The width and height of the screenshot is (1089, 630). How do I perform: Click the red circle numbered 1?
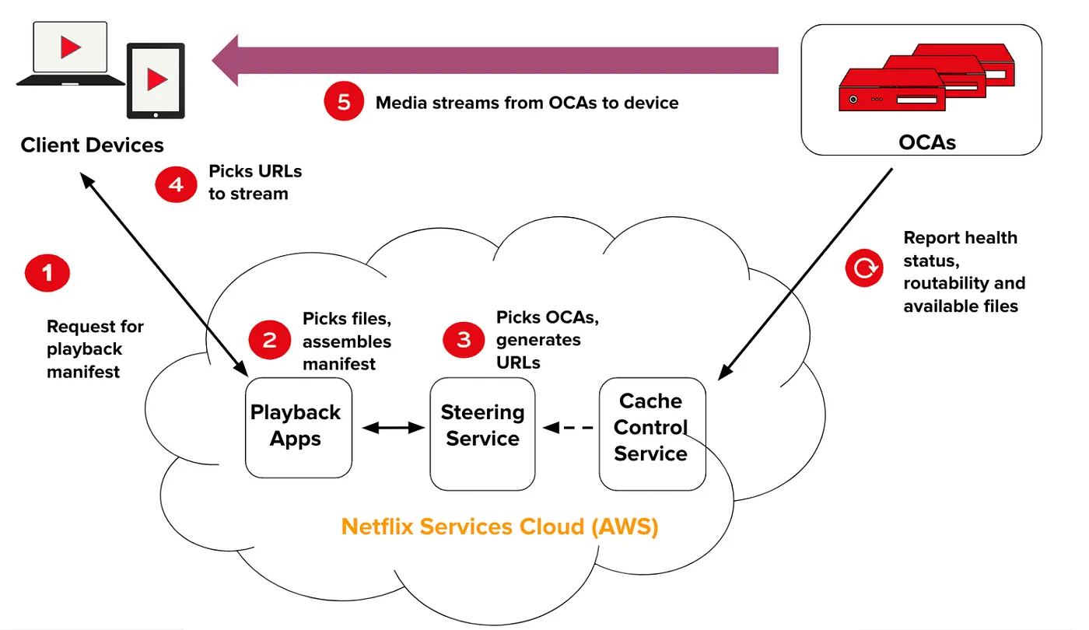click(47, 273)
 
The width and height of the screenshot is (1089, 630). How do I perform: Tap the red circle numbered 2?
click(270, 341)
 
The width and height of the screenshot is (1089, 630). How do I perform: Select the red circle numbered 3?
click(464, 340)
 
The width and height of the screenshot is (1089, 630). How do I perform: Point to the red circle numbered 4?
click(177, 184)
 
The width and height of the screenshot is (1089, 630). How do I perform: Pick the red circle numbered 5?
click(344, 102)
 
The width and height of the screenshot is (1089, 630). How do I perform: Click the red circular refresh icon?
click(864, 269)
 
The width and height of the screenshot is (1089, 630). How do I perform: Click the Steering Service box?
click(482, 433)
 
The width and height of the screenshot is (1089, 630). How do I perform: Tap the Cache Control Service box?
click(652, 433)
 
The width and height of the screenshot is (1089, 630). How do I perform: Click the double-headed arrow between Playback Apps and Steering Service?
click(392, 427)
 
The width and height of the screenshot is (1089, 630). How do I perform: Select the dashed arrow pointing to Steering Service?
click(567, 427)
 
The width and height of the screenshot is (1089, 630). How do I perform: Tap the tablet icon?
click(156, 79)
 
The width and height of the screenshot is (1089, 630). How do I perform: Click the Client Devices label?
click(92, 145)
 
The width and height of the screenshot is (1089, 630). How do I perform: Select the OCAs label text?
click(926, 142)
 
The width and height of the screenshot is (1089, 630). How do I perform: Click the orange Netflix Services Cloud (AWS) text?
click(499, 527)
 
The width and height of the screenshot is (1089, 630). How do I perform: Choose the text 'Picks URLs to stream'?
click(254, 182)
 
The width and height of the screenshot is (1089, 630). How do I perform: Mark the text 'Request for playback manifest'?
click(95, 349)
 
